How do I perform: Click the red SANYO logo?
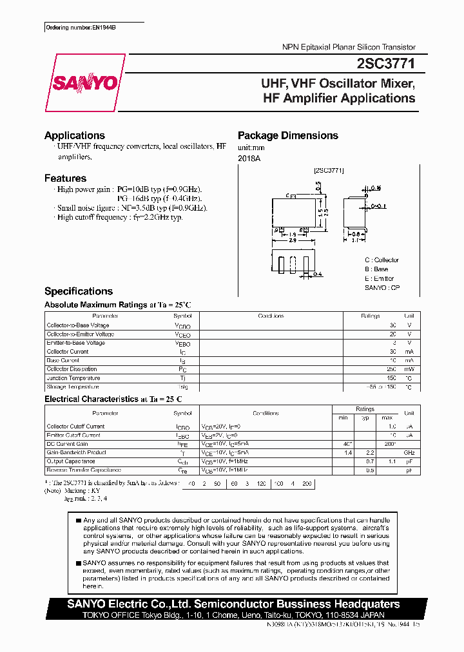(x=84, y=83)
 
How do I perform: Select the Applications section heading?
(x=74, y=135)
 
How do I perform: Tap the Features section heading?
(x=65, y=178)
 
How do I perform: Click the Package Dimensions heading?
(x=287, y=135)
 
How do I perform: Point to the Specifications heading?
(x=78, y=291)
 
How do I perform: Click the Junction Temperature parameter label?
(x=73, y=378)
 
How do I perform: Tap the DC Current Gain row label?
(x=66, y=444)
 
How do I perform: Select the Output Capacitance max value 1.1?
(x=391, y=462)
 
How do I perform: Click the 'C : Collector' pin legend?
(x=382, y=260)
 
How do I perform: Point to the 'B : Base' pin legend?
(x=376, y=269)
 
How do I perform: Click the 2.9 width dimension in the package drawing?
(x=292, y=241)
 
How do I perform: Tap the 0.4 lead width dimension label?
(x=317, y=274)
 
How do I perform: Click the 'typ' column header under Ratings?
(x=365, y=417)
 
